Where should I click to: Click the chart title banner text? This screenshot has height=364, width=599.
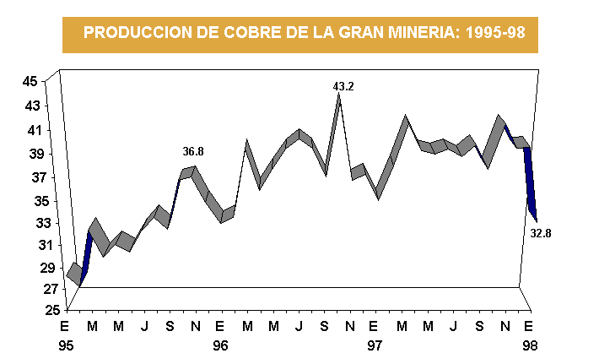299,33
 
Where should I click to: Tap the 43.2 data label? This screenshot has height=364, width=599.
343,86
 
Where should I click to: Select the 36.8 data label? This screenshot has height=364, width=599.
193,151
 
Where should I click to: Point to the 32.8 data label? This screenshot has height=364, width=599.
541,233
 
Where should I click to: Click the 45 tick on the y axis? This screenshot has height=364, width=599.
30,82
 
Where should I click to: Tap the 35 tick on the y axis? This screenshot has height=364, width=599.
30,201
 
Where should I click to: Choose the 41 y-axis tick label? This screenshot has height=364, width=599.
30,130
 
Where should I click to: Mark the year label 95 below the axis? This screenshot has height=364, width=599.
65,345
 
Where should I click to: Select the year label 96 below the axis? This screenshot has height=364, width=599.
220,345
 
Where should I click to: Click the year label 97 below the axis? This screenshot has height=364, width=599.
375,345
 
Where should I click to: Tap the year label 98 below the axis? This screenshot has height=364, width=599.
529,345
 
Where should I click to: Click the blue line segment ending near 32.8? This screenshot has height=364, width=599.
531,182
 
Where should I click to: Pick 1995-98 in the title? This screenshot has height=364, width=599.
494,33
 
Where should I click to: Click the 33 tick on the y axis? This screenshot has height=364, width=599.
30,224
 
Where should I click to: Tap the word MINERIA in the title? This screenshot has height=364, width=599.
415,33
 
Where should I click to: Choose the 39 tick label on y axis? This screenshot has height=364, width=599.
30,155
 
